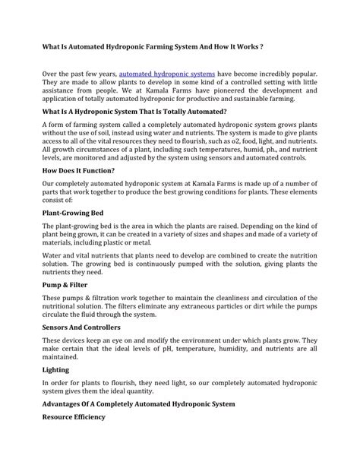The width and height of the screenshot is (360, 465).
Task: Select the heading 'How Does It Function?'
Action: click(x=79, y=170)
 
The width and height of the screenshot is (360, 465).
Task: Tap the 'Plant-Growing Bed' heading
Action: click(x=72, y=214)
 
